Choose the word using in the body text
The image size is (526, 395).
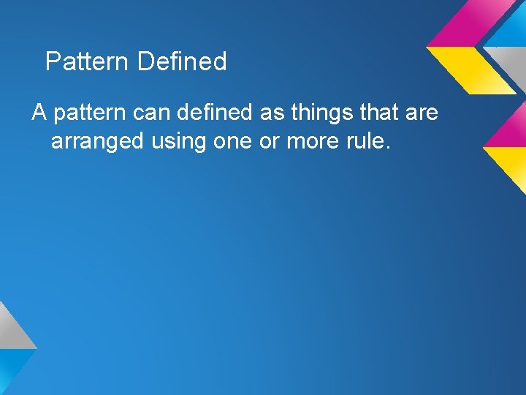(179, 140)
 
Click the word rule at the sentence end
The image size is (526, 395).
(370, 140)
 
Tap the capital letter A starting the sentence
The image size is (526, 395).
(39, 113)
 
